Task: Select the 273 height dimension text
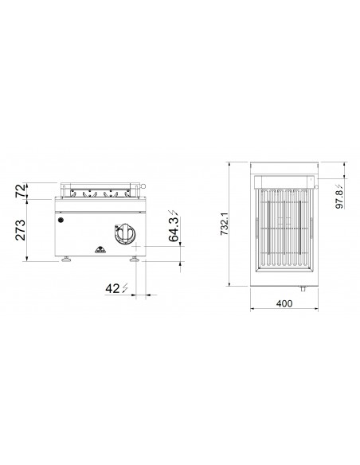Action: tap(19, 229)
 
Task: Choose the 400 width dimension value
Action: tap(284, 303)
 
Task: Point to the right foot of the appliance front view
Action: tap(136, 260)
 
